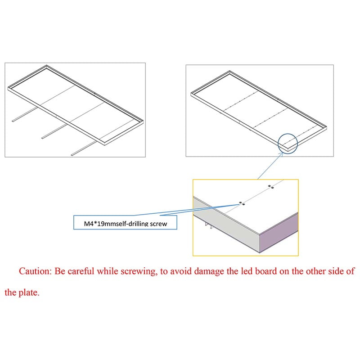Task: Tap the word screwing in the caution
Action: (139, 272)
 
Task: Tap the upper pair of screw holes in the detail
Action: (271, 187)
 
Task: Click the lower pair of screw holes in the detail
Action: (242, 203)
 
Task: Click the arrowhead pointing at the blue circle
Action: (282, 154)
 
